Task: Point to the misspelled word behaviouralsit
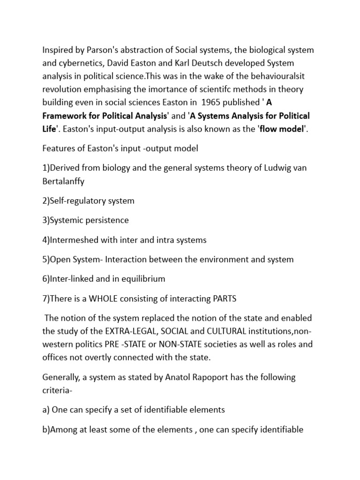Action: (278, 76)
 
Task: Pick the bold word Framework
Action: (64, 115)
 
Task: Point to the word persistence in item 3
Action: (105, 220)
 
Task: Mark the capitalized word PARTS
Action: (224, 298)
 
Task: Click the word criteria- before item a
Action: (59, 390)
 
